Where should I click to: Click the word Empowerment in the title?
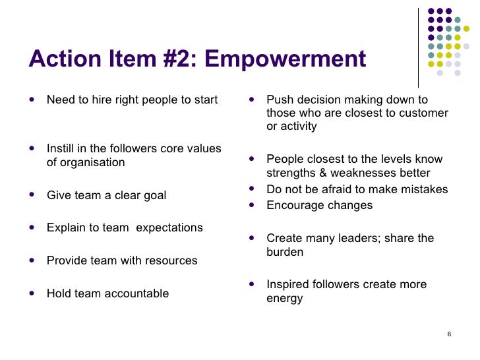(285, 59)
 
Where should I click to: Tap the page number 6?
(448, 335)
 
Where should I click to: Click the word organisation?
(92, 162)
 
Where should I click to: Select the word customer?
(425, 113)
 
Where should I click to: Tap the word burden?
(285, 252)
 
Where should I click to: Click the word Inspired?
(288, 285)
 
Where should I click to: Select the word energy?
(284, 299)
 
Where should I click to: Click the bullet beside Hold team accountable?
(33, 293)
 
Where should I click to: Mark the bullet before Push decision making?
(253, 100)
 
